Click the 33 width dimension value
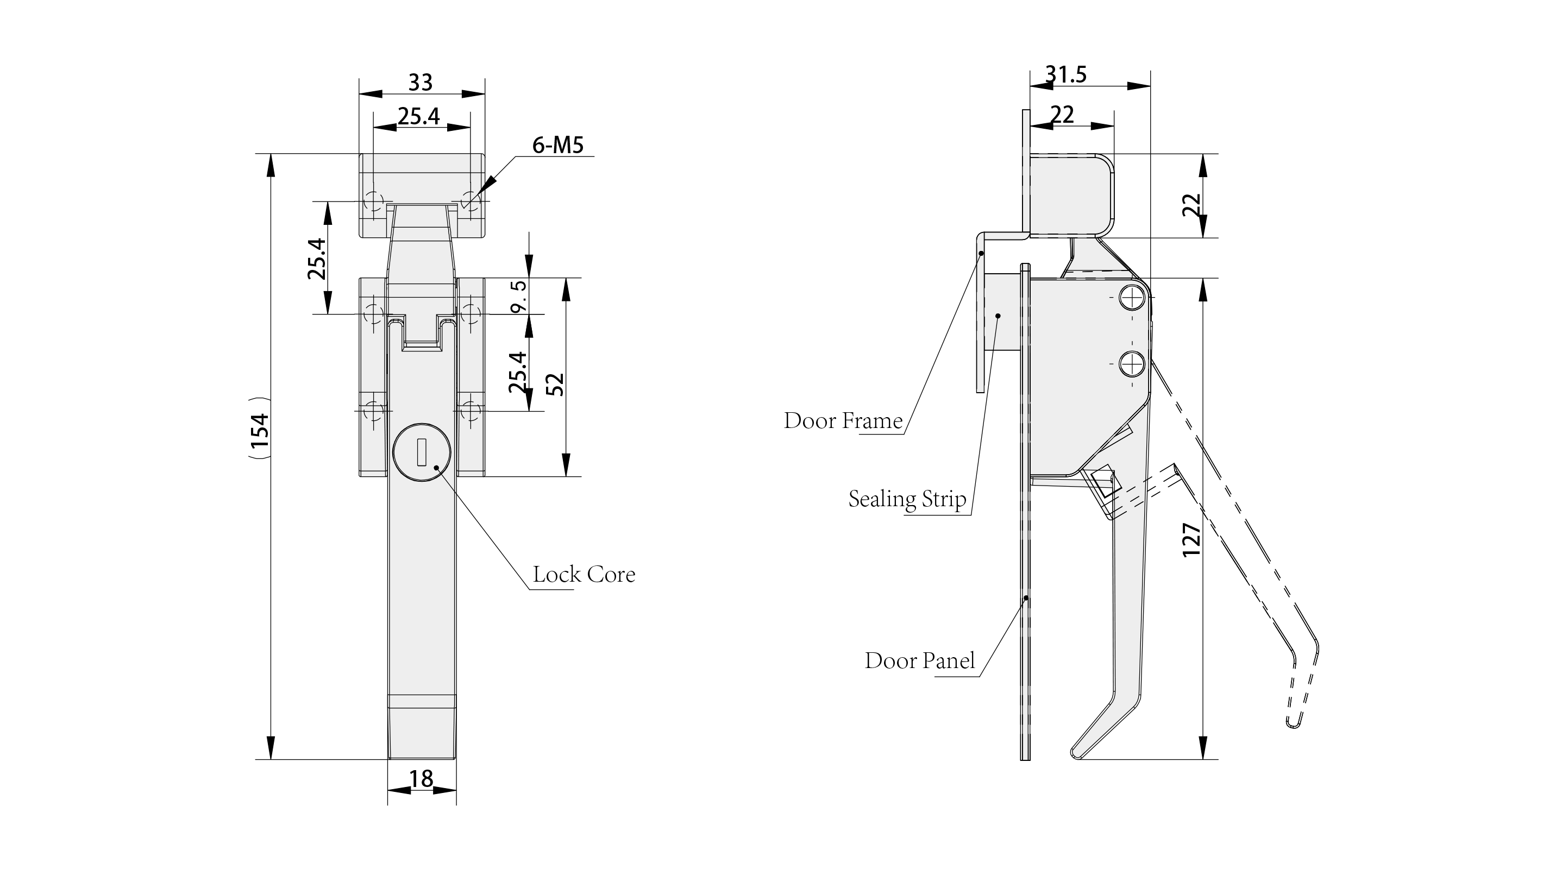[420, 82]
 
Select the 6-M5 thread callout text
[557, 146]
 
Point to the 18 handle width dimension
[421, 778]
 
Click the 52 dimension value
[555, 384]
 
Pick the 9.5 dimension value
[519, 297]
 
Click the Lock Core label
[584, 575]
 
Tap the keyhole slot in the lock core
[421, 454]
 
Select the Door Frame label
[843, 421]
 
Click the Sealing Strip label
[907, 499]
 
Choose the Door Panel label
[919, 661]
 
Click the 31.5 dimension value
[1066, 74]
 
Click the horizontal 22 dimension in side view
[1062, 115]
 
